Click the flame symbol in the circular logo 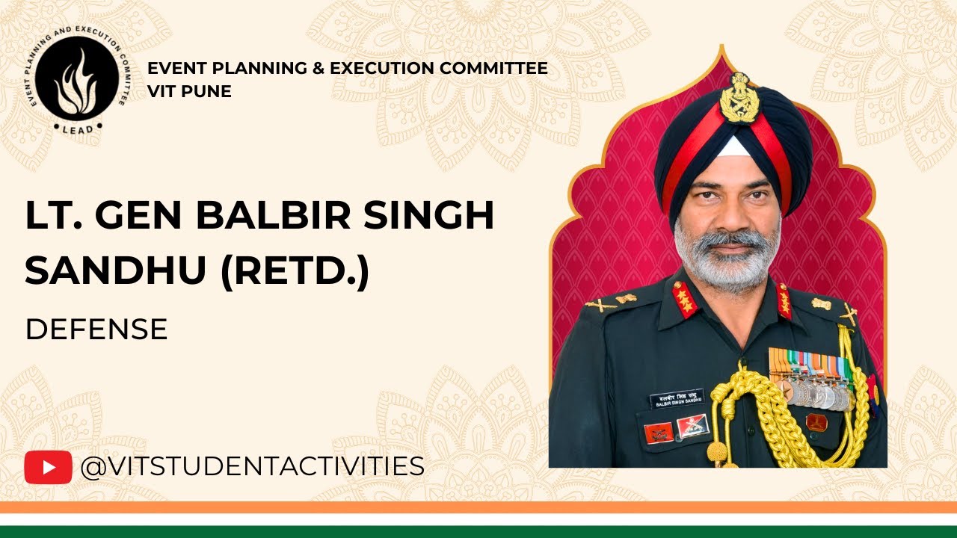[76, 78]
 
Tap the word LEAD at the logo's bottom [77, 129]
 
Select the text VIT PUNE [189, 91]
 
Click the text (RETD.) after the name [295, 272]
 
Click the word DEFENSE [96, 329]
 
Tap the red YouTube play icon [48, 467]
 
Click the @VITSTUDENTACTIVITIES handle [252, 467]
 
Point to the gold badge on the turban [739, 97]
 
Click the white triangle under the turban [733, 146]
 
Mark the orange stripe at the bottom [478, 507]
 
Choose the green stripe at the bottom [478, 531]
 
